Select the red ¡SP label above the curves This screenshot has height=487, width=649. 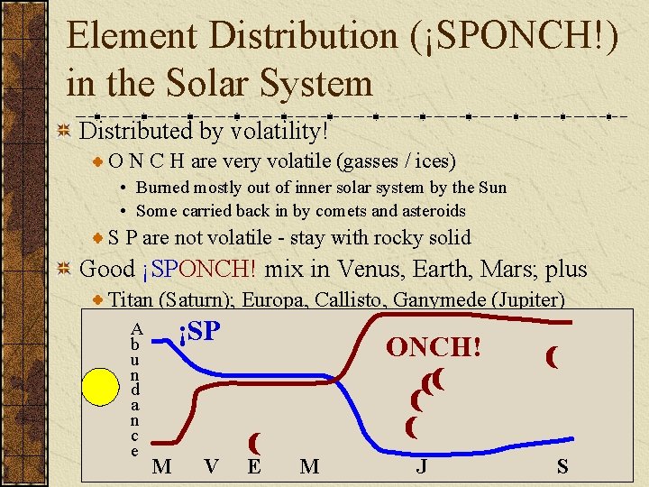point(198,332)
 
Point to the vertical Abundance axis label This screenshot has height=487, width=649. point(135,390)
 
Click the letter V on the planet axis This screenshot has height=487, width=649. point(211,466)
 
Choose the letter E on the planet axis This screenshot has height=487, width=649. point(255,466)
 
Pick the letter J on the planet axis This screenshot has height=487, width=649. point(421,466)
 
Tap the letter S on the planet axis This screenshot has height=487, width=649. point(563,466)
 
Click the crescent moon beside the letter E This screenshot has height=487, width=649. point(255,442)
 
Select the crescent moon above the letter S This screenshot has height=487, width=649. point(551,358)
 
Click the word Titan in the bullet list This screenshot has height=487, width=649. point(130,300)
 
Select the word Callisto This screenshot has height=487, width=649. point(343,300)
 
